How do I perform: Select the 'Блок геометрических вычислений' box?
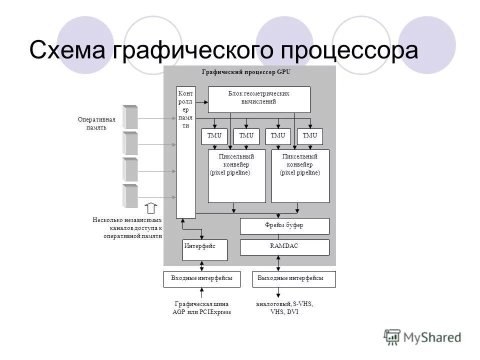coord(258,99)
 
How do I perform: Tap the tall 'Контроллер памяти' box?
coord(185,152)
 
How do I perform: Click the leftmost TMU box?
coord(214,136)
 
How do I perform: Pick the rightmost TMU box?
coord(310,136)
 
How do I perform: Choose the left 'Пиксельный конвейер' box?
coord(236,176)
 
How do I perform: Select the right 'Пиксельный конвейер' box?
coord(300,176)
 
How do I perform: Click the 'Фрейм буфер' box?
coord(284,226)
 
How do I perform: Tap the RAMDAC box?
coord(284,247)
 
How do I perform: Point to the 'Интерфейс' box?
coord(204,250)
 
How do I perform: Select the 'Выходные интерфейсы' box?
coord(293,279)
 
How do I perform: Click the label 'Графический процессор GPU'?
coord(245,72)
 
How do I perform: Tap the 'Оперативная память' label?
coord(96,123)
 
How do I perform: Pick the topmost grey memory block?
coord(130,117)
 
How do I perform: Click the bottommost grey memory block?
coord(130,196)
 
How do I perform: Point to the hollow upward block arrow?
coord(151,208)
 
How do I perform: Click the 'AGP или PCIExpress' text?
coord(201,312)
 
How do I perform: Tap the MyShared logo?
coord(422,337)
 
